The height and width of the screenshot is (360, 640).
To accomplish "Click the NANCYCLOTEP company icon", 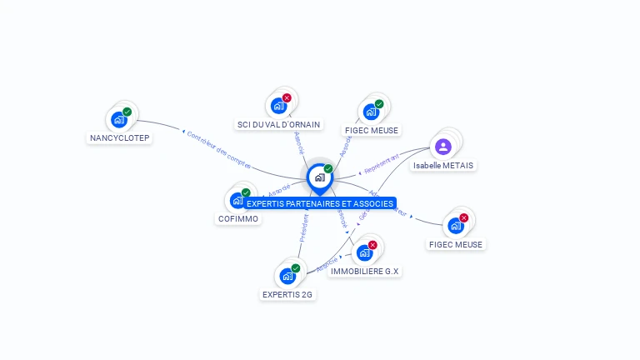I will pyautogui.click(x=120, y=120).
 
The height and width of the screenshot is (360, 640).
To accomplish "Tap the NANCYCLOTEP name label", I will pyautogui.click(x=120, y=138).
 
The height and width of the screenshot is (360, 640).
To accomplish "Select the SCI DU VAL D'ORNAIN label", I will pyautogui.click(x=278, y=125).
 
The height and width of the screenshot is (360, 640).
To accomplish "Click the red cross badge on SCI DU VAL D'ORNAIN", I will pyautogui.click(x=287, y=98).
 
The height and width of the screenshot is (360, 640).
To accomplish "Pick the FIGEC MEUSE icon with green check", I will pyautogui.click(x=371, y=112).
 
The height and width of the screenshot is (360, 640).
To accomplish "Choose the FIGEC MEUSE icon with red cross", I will pyautogui.click(x=456, y=225).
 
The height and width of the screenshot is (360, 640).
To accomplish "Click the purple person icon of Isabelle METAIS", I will pyautogui.click(x=443, y=147).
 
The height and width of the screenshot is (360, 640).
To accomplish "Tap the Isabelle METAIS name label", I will pyautogui.click(x=443, y=166).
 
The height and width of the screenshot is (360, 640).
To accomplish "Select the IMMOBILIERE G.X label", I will pyautogui.click(x=365, y=272).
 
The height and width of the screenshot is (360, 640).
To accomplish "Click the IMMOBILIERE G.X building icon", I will pyautogui.click(x=364, y=252).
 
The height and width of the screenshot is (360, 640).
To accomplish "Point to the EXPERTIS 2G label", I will pyautogui.click(x=288, y=294).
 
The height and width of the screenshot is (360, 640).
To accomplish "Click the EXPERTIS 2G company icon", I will pyautogui.click(x=287, y=276).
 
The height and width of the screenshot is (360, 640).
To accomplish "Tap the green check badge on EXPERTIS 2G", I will pyautogui.click(x=296, y=268).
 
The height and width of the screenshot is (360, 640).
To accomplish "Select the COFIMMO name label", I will pyautogui.click(x=237, y=219).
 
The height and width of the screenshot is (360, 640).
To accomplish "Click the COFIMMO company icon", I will pyautogui.click(x=237, y=200).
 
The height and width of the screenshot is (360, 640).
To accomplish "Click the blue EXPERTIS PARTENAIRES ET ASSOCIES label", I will pyautogui.click(x=320, y=203).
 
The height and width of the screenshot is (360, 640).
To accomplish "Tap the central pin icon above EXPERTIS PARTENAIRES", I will pyautogui.click(x=319, y=177).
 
